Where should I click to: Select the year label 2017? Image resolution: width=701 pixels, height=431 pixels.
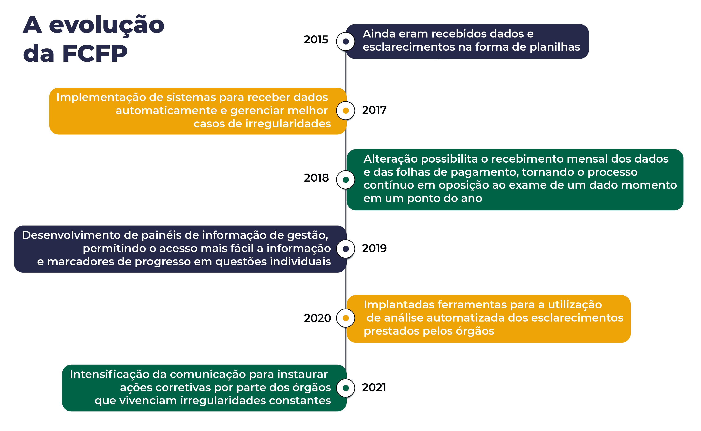click(374, 110)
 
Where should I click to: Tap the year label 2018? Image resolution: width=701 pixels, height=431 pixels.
click(316, 178)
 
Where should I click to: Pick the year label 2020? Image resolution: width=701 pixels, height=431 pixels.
click(317, 318)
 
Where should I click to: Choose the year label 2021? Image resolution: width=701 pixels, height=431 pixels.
click(374, 388)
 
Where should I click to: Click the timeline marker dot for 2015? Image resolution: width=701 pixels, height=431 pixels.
click(346, 41)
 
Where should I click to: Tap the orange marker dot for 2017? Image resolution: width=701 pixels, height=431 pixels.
click(346, 111)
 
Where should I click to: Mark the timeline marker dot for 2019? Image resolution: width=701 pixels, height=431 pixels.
click(346, 249)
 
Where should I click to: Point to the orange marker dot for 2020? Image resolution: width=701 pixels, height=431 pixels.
click(346, 318)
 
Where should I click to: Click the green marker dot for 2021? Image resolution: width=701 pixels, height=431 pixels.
click(346, 388)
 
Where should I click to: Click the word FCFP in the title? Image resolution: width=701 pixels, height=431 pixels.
click(95, 53)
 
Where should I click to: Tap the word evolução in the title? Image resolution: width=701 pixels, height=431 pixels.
click(107, 25)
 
